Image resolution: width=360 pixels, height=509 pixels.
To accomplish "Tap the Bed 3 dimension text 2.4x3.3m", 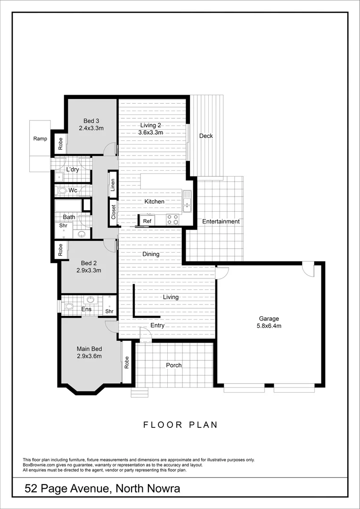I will point(91,128).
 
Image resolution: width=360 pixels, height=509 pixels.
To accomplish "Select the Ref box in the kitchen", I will point(147,221).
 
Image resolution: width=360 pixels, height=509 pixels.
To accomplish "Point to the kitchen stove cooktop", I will point(173,219).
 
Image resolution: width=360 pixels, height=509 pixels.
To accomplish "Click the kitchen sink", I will point(187,200).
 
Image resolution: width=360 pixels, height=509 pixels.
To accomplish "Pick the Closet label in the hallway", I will point(114,212).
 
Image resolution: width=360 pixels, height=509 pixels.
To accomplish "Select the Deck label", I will point(206,136).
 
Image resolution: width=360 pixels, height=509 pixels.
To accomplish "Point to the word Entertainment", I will point(221,222).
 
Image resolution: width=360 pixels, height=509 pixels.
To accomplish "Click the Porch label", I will point(174,365).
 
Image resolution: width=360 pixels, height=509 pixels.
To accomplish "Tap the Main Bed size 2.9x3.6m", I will point(90,356).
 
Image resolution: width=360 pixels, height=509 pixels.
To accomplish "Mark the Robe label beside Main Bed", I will point(127,362).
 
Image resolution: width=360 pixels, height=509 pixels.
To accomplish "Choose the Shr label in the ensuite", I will point(109,311).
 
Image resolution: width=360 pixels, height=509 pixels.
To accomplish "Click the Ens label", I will point(86,309).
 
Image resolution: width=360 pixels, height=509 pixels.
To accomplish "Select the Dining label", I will point(151,254).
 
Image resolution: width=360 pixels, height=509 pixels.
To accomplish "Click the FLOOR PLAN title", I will point(180,425).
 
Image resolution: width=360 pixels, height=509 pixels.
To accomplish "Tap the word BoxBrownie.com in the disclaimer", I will point(40,465).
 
